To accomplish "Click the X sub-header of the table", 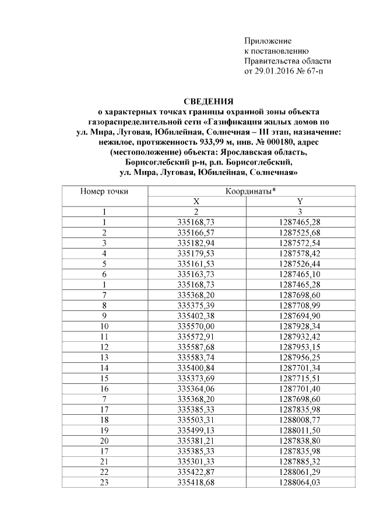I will (196, 201).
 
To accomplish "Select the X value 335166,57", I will (196, 232).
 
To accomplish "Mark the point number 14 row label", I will (104, 368).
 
